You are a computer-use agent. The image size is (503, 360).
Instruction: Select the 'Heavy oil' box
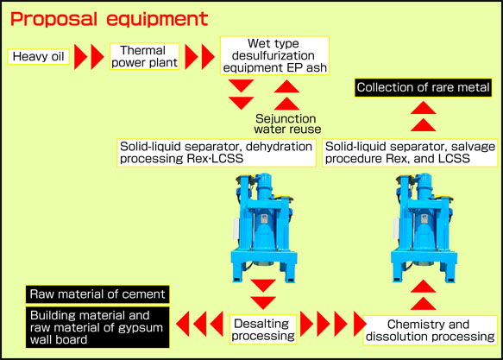click(36, 58)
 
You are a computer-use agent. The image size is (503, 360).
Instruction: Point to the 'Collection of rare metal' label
click(424, 87)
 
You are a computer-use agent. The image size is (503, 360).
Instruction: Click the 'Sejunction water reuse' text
click(286, 123)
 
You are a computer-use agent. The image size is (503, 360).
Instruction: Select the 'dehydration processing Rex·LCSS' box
click(216, 152)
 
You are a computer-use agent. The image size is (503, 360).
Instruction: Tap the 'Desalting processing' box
click(263, 326)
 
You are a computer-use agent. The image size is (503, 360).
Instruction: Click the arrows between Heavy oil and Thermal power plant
click(88, 58)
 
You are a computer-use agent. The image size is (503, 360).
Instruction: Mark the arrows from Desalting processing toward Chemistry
click(328, 326)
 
